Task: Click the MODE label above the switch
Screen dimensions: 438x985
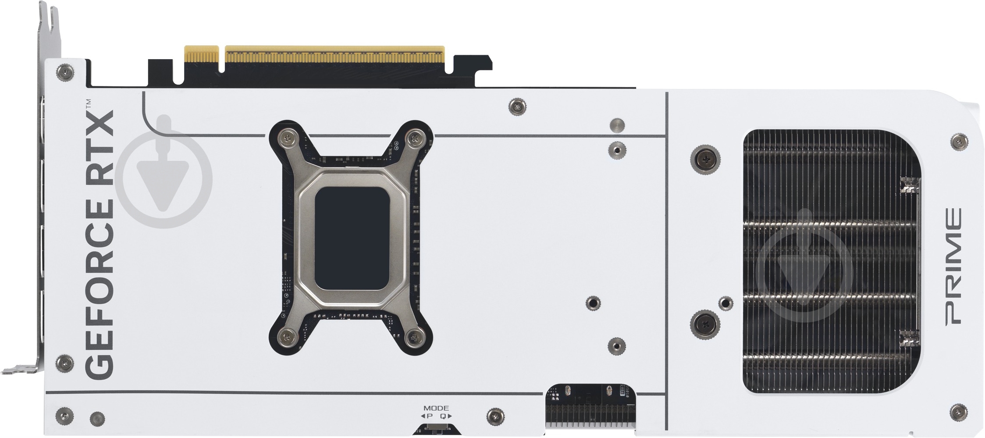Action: [x=436, y=408]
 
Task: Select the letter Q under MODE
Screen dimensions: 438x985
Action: [x=443, y=416]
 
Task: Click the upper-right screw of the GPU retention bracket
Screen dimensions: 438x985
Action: [x=414, y=138]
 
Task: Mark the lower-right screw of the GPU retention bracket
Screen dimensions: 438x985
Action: [x=414, y=337]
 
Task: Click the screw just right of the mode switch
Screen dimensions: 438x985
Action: [x=495, y=415]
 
